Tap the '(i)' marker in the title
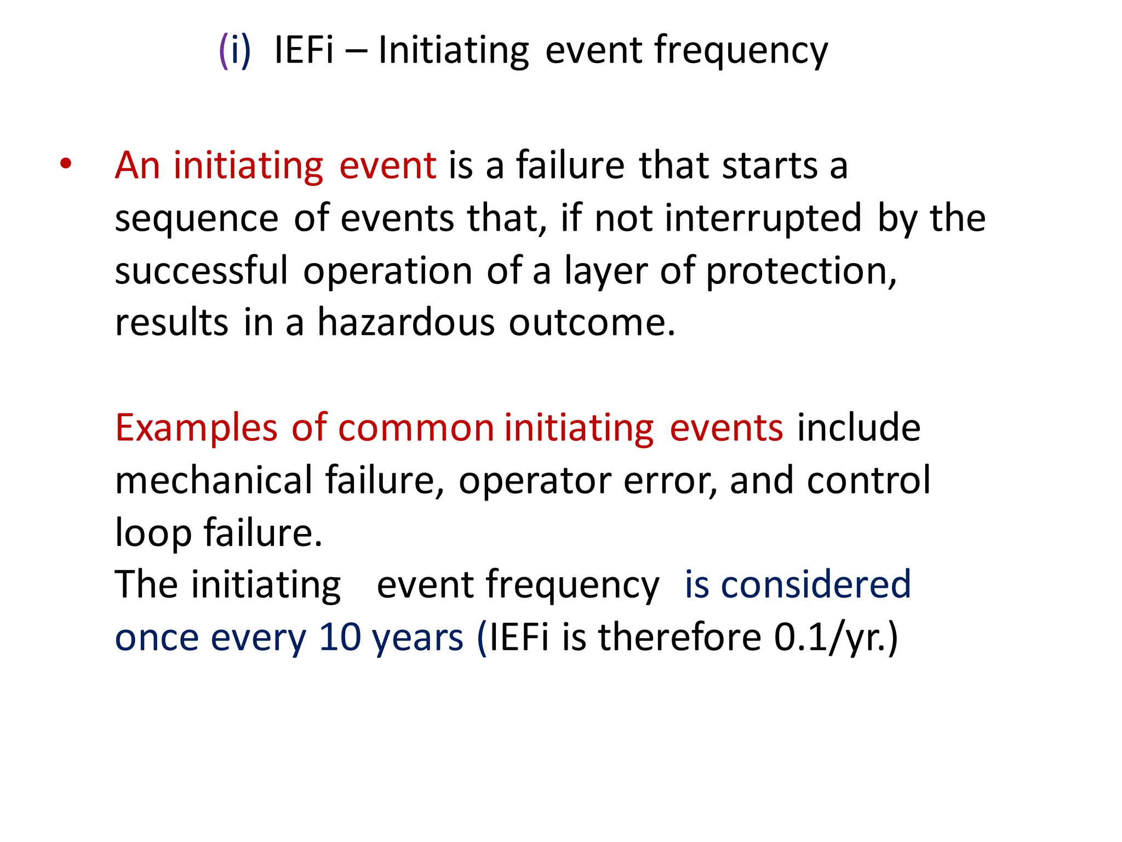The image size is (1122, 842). tap(234, 50)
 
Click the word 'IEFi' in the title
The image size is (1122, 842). tap(304, 50)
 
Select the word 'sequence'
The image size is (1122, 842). tap(197, 219)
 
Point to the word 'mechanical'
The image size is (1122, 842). tap(214, 480)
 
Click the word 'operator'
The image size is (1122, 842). tap(534, 481)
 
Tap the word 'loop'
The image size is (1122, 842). tap(153, 533)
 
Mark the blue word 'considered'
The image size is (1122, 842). tap(816, 584)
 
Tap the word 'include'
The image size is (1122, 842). tap(858, 428)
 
